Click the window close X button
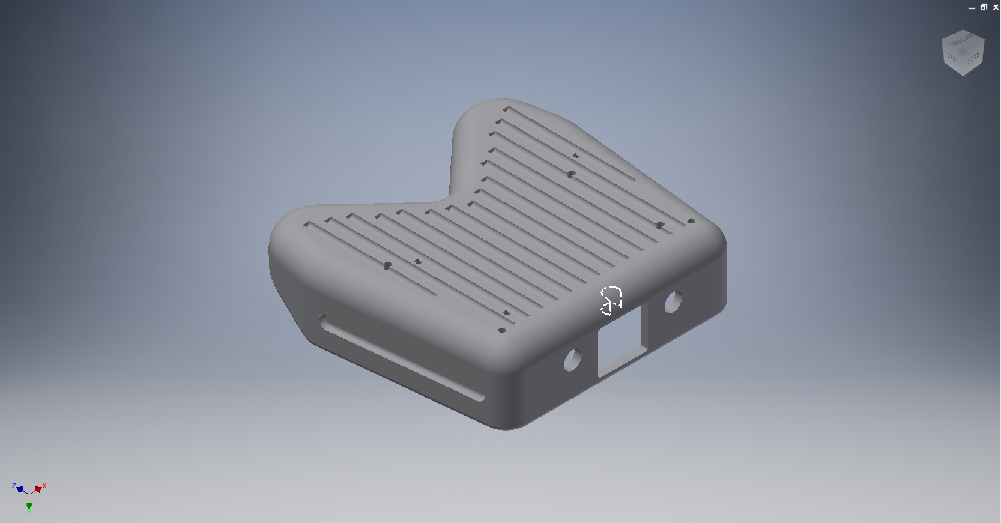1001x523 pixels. pos(996,7)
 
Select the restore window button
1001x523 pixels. pos(984,7)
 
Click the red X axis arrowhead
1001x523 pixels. pos(38,489)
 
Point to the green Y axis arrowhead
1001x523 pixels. pos(29,506)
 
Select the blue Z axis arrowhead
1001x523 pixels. pos(20,489)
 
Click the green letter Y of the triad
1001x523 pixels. pos(29,513)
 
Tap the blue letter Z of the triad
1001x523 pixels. pos(14,485)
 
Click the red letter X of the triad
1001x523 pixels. pos(44,485)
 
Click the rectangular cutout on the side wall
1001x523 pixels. pos(620,340)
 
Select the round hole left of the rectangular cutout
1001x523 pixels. pos(573,359)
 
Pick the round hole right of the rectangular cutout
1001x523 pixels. pos(673,301)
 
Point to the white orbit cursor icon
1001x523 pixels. pos(611,300)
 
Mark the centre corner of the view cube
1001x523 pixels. pos(963,50)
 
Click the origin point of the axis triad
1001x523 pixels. pos(29,494)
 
